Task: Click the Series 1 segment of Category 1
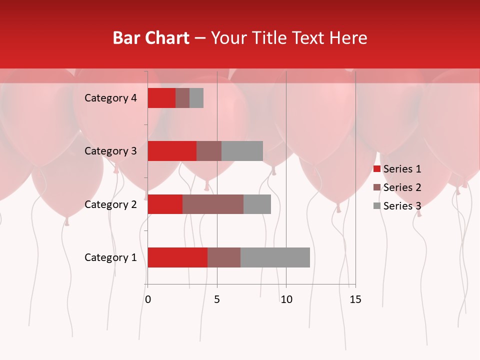coord(177,257)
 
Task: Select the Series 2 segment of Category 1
coord(224,257)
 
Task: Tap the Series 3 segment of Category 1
coord(275,257)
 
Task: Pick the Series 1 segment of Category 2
coord(165,204)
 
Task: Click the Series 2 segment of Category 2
coord(213,204)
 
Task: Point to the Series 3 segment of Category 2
coord(257,204)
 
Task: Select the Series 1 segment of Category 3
coord(172,151)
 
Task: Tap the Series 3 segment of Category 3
coord(242,151)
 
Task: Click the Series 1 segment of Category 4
coord(161,98)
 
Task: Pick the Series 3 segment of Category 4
coord(196,98)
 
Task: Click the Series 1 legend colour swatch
coord(376,169)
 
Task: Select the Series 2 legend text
coord(402,187)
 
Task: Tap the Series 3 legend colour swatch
coord(376,206)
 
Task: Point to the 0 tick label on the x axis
coord(148,299)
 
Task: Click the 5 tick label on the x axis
coord(217,299)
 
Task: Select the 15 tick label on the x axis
coord(355,299)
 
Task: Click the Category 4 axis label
coord(110,98)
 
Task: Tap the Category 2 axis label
coord(110,204)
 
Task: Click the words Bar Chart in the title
coord(151,38)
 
